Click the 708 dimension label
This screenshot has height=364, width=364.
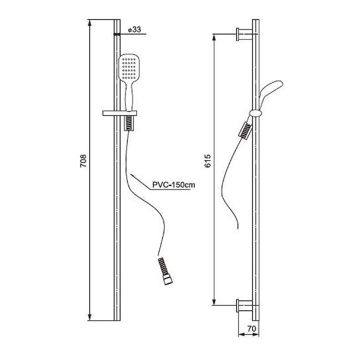coord(83,161)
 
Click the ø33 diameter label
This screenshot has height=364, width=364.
coord(134,30)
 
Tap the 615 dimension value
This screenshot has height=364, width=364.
coord(207,161)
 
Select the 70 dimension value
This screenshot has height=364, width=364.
coord(252,329)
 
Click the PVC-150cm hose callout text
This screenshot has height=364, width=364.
coord(174,185)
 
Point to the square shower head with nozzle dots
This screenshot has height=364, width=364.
coord(129,68)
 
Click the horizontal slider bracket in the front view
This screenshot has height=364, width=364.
coord(120,113)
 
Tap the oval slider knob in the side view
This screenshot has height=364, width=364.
coord(256,113)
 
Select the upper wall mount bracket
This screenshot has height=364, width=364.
coord(245,35)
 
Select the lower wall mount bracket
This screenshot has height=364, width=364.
coord(245,305)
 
